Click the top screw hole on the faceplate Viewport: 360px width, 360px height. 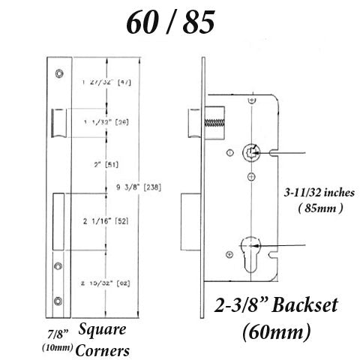pos(58,73)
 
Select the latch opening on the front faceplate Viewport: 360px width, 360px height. pos(57,121)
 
